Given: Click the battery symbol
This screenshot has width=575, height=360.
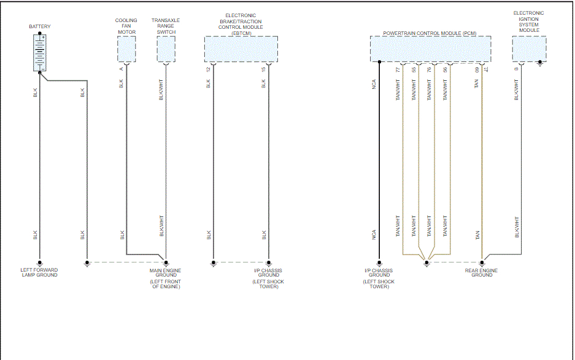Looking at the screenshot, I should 41,53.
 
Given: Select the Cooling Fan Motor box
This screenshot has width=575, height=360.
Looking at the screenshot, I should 126,49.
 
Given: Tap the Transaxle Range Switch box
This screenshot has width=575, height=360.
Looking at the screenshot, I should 166,49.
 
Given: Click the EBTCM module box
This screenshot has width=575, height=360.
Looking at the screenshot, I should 241,49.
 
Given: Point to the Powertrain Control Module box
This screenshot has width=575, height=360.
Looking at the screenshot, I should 430,49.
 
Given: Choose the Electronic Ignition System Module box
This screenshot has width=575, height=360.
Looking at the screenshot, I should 529,49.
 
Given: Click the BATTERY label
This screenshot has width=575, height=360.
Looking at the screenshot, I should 40,27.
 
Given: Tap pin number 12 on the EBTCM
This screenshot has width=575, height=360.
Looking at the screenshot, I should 209,69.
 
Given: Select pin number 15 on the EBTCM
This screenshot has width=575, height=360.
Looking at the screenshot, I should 264,69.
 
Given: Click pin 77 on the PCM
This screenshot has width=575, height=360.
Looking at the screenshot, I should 398,69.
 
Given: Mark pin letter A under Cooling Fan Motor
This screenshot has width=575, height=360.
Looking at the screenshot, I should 122,69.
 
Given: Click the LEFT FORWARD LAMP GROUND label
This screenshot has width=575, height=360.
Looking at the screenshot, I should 39,273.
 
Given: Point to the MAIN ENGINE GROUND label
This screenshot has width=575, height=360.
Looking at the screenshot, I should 166,273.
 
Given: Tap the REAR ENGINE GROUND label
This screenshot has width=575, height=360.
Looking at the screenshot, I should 482,273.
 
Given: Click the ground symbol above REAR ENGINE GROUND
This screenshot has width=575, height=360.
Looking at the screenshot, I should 482,263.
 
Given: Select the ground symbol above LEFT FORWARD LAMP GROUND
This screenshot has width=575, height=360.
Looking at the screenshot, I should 40,263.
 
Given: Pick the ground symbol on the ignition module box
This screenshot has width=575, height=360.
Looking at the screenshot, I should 539,63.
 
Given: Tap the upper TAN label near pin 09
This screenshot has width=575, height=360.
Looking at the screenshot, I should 476,83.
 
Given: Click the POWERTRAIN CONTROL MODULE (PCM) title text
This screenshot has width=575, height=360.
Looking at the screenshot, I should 430,33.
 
